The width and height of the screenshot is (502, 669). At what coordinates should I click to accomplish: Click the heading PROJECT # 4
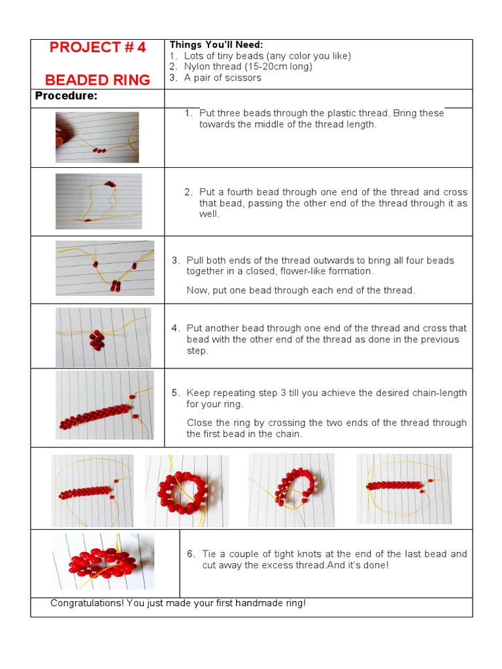click(97, 48)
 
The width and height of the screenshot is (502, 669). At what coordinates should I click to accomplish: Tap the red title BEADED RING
click(97, 80)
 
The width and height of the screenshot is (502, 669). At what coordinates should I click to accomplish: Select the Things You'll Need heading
click(216, 44)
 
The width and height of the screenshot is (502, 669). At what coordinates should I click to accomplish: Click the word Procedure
click(66, 96)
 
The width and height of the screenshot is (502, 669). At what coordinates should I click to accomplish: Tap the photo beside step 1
click(97, 137)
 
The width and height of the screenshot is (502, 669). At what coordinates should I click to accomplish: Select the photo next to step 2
click(98, 201)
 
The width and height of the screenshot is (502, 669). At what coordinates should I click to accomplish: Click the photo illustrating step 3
click(105, 268)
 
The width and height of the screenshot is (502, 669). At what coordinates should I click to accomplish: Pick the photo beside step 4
click(103, 336)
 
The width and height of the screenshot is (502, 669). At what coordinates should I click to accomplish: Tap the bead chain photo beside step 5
click(105, 405)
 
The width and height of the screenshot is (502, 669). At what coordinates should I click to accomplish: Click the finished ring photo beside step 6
click(103, 562)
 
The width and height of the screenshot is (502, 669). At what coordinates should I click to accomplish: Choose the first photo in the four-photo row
click(92, 490)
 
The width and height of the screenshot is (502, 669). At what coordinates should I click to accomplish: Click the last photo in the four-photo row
click(404, 489)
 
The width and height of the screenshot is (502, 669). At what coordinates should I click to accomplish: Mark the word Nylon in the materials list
click(197, 67)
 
